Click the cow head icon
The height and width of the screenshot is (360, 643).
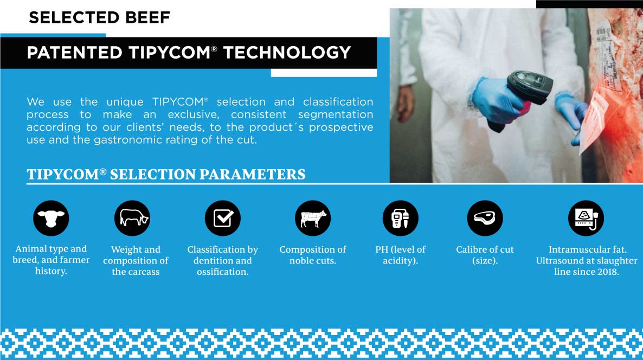[x=51, y=218]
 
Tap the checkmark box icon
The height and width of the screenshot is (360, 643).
[x=223, y=218]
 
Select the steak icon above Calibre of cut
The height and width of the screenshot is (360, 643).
[x=485, y=218]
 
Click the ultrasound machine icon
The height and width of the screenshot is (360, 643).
[x=586, y=218]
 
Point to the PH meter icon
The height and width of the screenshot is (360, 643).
[x=400, y=218]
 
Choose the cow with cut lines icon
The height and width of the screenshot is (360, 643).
[x=313, y=218]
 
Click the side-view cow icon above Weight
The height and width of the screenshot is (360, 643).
[x=132, y=218]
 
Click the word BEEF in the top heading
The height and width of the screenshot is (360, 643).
[x=148, y=18]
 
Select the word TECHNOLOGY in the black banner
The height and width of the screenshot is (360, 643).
[x=287, y=53]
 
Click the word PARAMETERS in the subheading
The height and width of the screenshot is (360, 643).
[x=252, y=175]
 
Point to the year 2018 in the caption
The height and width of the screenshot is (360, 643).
[x=607, y=272]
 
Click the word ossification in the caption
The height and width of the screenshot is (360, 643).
[x=222, y=272]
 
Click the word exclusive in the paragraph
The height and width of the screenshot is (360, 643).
[x=194, y=114]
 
